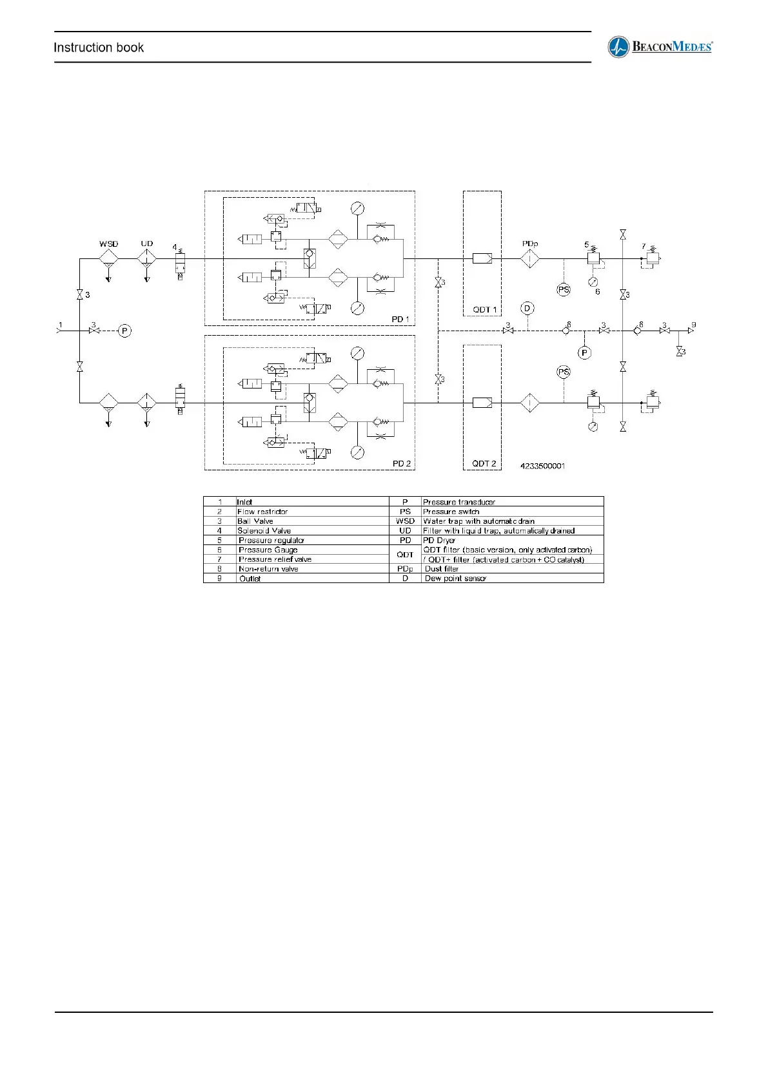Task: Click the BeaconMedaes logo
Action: (660, 47)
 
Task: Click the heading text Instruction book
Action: (99, 48)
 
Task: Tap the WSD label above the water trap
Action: (108, 244)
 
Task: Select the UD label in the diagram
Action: (147, 244)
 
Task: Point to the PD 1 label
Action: (400, 320)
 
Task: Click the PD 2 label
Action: (401, 464)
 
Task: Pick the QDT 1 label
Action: (485, 310)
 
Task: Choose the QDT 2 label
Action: (484, 464)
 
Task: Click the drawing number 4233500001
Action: (543, 466)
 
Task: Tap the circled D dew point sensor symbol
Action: (527, 308)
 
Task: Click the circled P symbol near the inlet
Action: (125, 331)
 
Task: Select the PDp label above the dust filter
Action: (530, 244)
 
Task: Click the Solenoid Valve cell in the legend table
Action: (264, 531)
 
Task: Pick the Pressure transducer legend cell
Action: (459, 502)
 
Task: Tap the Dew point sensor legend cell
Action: (455, 579)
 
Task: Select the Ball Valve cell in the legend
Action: (255, 521)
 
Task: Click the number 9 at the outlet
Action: (694, 325)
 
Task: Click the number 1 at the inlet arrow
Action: (61, 325)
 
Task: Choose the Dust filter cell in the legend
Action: (442, 569)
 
